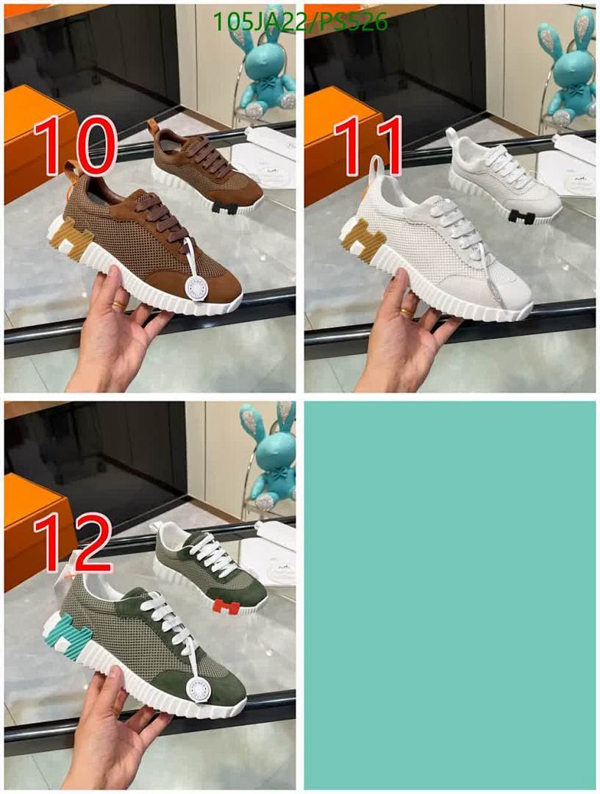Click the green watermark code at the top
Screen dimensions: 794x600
click(299, 22)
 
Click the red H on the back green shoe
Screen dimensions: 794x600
click(227, 607)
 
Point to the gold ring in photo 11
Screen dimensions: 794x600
click(407, 312)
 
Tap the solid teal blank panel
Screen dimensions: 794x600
click(449, 595)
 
